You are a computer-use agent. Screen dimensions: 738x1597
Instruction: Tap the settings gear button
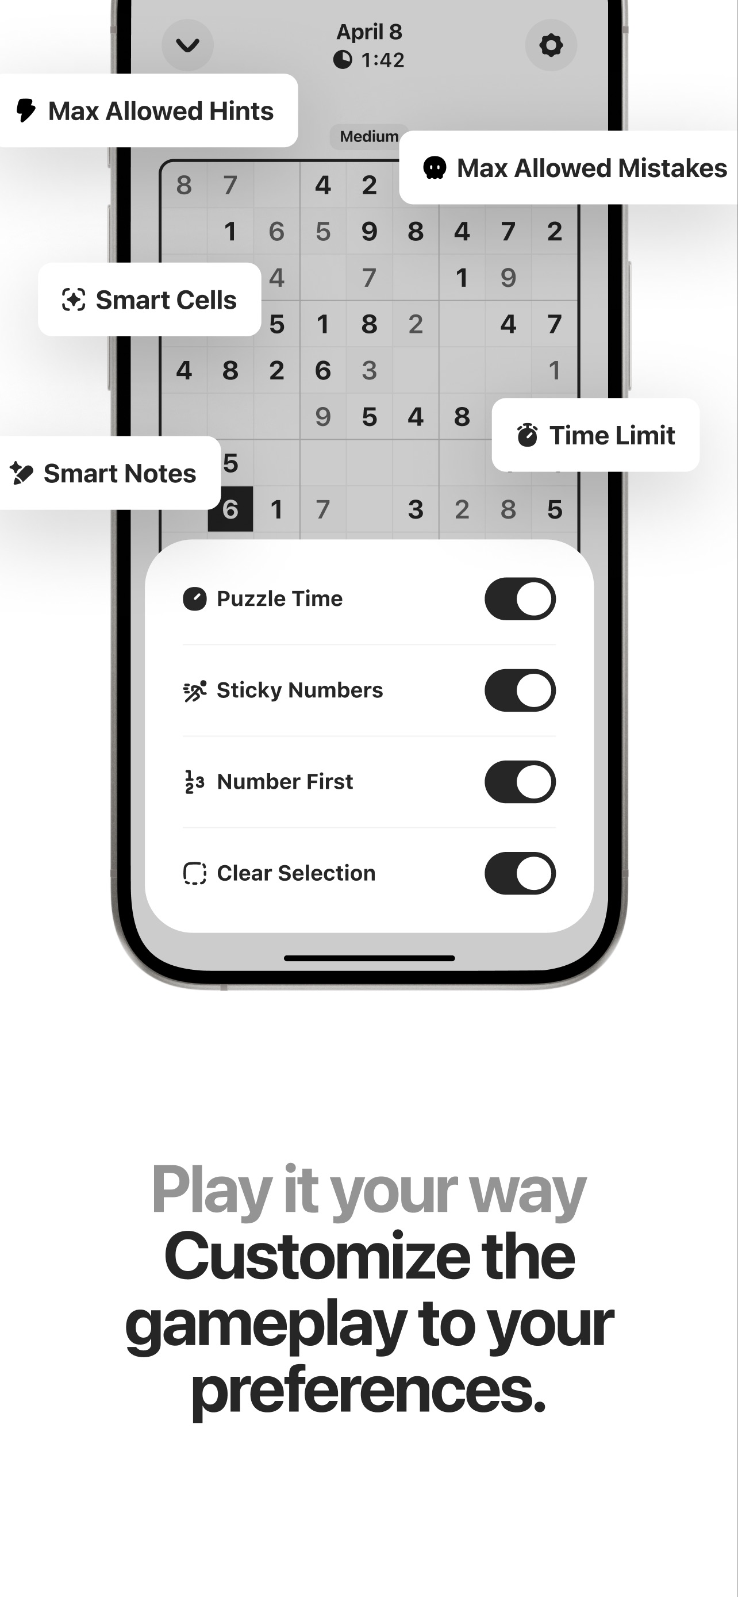click(x=551, y=45)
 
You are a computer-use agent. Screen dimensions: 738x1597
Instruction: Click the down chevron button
click(x=188, y=45)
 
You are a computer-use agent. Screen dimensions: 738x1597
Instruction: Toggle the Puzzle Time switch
click(x=520, y=599)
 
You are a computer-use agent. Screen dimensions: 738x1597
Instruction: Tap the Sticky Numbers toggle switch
click(x=520, y=690)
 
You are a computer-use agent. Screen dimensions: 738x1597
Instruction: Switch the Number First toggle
click(x=520, y=782)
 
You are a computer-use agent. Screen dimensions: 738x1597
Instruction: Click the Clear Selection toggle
click(x=520, y=873)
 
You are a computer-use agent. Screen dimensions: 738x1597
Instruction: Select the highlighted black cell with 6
click(x=230, y=509)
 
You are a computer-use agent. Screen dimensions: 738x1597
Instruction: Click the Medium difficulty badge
click(x=368, y=136)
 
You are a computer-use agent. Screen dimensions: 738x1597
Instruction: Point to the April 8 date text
click(x=370, y=32)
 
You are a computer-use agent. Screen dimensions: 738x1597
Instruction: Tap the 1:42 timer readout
click(x=382, y=60)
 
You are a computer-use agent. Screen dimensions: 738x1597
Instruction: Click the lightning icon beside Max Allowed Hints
click(x=25, y=110)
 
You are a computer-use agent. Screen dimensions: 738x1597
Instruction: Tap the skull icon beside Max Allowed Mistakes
click(x=435, y=168)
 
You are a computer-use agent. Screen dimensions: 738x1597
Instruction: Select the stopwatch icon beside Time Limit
click(x=527, y=435)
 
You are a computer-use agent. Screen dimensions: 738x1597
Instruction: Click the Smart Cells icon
click(x=74, y=300)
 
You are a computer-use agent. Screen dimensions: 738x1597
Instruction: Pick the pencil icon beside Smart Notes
click(x=21, y=473)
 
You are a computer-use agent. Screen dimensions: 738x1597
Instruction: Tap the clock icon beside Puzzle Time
click(x=195, y=599)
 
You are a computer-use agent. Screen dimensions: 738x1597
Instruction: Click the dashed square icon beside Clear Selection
click(x=195, y=873)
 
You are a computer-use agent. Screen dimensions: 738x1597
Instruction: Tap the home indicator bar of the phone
click(x=370, y=958)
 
